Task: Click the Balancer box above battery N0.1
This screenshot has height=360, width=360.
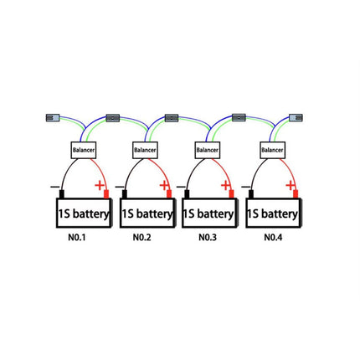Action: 84,150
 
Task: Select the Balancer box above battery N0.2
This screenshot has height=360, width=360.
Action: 145,150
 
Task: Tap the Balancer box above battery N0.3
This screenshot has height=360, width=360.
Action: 208,150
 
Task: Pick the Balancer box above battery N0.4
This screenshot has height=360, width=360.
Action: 272,150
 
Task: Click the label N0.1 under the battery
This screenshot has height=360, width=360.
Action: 77,238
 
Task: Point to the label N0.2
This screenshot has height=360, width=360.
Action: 141,238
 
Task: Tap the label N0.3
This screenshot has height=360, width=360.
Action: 208,238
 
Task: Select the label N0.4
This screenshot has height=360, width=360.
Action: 273,238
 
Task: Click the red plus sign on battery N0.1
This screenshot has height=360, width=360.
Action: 100,185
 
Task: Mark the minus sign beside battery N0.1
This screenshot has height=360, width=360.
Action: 54,187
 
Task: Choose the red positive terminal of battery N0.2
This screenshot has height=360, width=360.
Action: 169,194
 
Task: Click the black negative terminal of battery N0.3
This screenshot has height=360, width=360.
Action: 187,194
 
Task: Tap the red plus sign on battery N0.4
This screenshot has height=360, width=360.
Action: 291,185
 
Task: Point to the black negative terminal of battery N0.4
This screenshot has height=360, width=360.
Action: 251,194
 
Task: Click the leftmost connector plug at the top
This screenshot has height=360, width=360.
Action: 53,117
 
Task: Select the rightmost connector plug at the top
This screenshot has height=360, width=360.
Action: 296,117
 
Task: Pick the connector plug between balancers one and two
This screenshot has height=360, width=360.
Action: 113,118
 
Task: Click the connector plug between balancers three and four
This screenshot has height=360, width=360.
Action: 239,117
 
